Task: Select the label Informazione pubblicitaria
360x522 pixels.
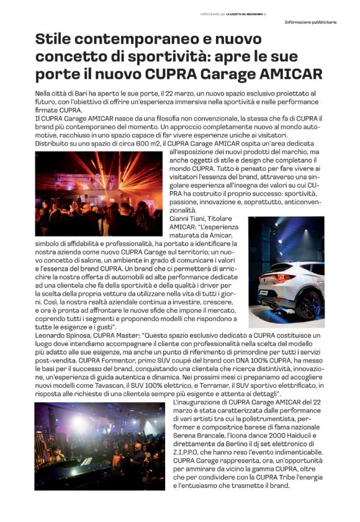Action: [310, 22]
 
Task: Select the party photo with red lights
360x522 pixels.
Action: [99, 194]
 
